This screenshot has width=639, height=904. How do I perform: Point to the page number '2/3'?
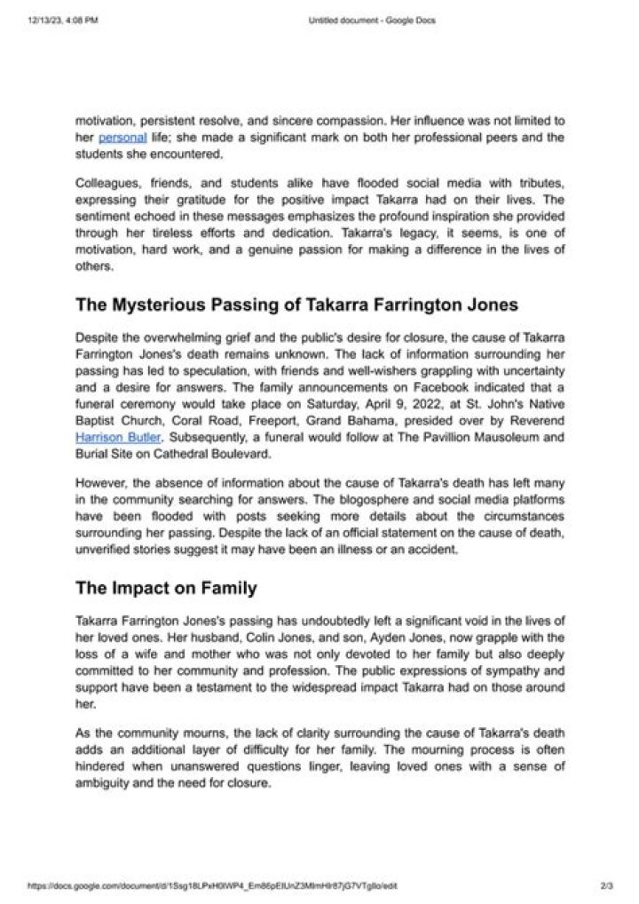click(x=608, y=885)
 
